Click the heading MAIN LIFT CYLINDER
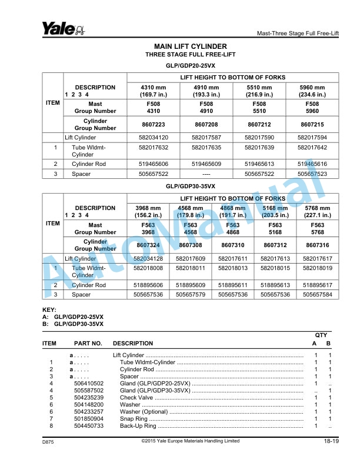(190, 46)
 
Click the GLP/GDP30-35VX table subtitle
(190, 187)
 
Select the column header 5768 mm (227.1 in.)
(317, 211)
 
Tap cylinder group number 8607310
(232, 245)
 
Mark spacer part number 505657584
(317, 294)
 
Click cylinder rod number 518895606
(148, 285)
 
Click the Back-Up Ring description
(139, 426)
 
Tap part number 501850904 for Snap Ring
(89, 419)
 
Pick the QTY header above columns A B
(321, 335)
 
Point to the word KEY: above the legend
(50, 310)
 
